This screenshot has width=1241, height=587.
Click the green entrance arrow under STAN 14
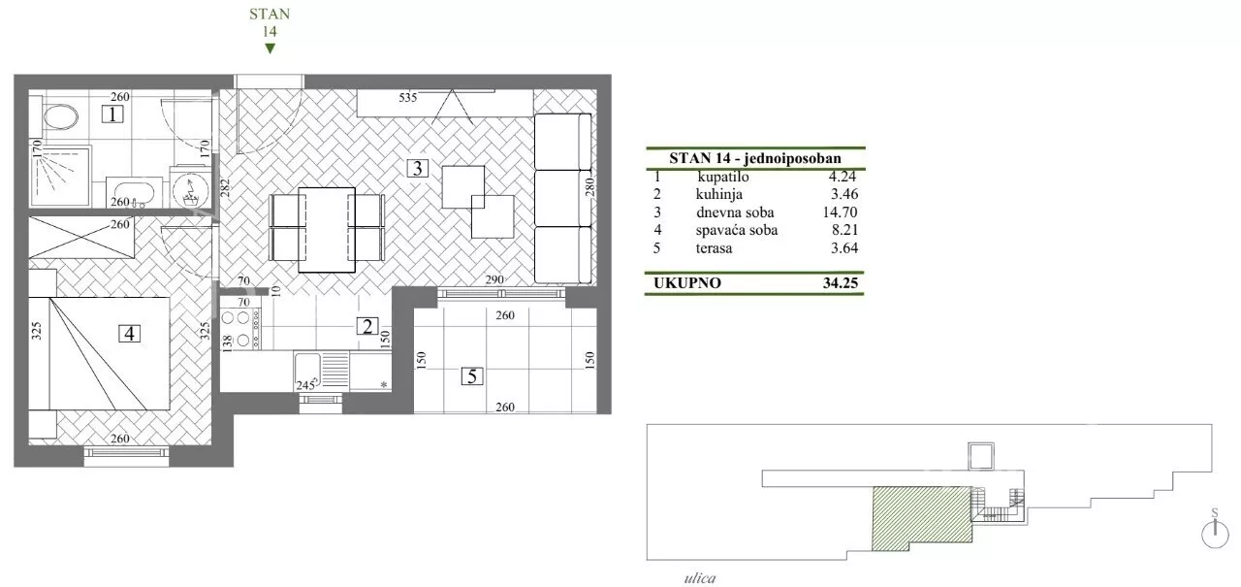(x=270, y=49)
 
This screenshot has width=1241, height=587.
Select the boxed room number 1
(x=112, y=114)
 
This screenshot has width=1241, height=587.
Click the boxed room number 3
(x=417, y=168)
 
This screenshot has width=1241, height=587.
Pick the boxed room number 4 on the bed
(x=129, y=333)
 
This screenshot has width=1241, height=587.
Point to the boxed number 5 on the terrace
(x=472, y=376)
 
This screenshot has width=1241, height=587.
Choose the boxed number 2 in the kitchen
(x=367, y=326)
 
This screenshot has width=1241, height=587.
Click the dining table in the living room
(x=327, y=230)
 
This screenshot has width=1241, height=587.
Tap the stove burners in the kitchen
(x=241, y=330)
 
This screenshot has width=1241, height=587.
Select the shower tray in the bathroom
(x=60, y=177)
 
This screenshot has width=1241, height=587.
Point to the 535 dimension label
(x=408, y=98)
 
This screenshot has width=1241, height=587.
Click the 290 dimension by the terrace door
(x=494, y=280)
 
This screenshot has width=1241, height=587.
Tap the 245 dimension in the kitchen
(x=305, y=385)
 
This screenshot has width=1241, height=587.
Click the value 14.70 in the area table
(x=841, y=212)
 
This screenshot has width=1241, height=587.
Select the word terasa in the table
(x=714, y=247)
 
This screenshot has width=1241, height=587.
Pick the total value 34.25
(x=841, y=282)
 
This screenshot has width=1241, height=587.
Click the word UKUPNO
(x=687, y=282)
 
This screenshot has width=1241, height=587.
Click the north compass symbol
(x=1215, y=532)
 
